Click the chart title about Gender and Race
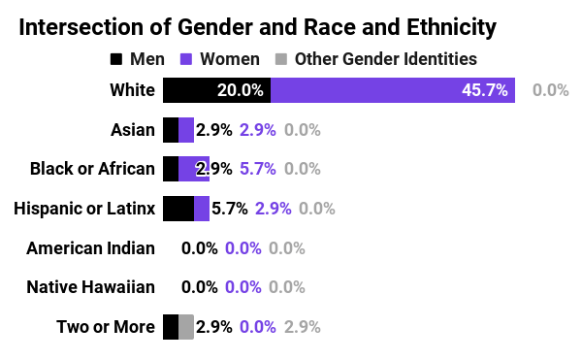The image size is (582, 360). [258, 27]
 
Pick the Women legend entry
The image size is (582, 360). [222, 59]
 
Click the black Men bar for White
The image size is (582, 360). [216, 90]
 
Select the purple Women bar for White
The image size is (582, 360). [393, 90]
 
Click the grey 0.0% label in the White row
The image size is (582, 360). [551, 90]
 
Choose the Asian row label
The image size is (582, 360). [133, 130]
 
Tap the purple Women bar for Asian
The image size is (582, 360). [186, 130]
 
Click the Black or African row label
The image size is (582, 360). [92, 169]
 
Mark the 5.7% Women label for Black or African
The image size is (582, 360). [259, 169]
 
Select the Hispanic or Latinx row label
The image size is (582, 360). [85, 208]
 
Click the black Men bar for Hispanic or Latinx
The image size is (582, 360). [178, 208]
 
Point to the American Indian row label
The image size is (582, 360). [90, 247]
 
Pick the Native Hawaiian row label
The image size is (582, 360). [90, 287]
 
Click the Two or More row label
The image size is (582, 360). [106, 326]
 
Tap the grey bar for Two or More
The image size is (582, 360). [186, 326]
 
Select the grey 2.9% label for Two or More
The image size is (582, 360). [303, 326]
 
